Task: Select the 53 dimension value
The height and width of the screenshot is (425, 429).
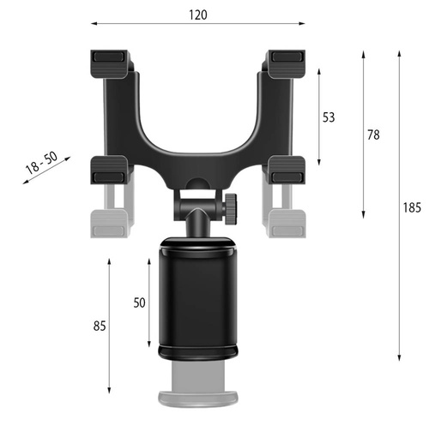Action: tap(329, 117)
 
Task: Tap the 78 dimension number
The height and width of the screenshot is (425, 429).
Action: tap(372, 135)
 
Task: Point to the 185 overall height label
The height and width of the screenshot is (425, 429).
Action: tap(414, 207)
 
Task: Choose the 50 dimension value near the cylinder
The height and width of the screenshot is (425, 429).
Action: tap(139, 302)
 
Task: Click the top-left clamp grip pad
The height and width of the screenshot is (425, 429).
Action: tap(110, 60)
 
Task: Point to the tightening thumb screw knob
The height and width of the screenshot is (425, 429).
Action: tap(232, 206)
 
